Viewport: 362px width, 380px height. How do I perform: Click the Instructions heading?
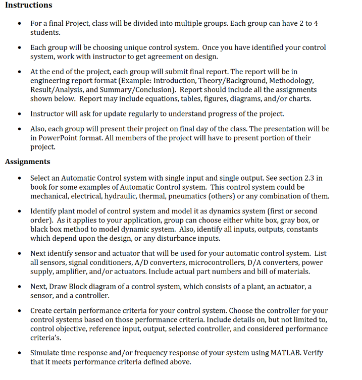28,5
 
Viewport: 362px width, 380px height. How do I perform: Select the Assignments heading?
27,161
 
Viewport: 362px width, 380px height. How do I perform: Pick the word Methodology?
292,81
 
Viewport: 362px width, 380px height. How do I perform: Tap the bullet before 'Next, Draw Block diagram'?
19,287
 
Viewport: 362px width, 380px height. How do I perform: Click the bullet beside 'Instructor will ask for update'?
19,114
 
